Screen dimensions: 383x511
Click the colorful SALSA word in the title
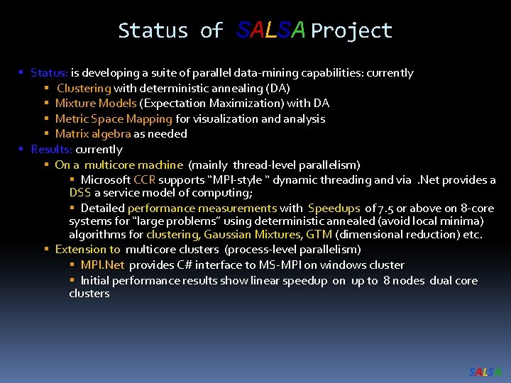[x=271, y=30]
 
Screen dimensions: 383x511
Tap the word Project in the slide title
[x=351, y=30]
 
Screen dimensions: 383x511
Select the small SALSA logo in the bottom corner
[x=485, y=372]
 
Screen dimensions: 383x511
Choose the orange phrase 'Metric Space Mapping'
[x=114, y=118]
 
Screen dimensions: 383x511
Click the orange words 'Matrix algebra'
[x=92, y=133]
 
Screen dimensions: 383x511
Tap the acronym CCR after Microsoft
[x=144, y=180]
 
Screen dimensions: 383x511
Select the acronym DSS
[x=79, y=192]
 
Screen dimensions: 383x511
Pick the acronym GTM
[x=319, y=234]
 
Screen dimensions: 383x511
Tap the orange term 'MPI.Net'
[x=102, y=265]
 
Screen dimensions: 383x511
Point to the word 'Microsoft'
[x=106, y=180]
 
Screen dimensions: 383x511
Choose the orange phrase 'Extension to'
[x=87, y=249]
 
